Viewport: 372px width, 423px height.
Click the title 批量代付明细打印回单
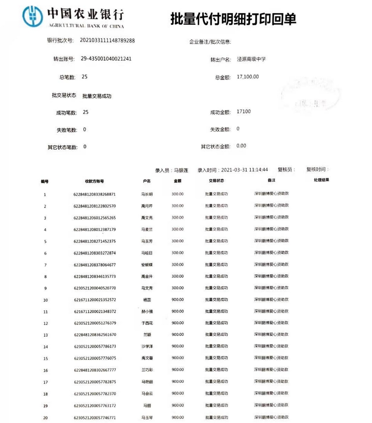click(233, 19)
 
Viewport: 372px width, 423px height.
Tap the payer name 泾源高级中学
click(251, 59)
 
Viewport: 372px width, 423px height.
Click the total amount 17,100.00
click(248, 77)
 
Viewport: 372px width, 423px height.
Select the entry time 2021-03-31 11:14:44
click(245, 170)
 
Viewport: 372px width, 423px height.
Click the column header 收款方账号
click(94, 181)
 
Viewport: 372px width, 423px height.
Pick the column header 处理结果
click(321, 180)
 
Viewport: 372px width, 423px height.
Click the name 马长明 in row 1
click(147, 194)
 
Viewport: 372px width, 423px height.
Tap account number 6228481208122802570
click(94, 206)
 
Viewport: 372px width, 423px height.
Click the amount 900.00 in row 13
click(178, 335)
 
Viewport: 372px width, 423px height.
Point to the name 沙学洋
click(147, 346)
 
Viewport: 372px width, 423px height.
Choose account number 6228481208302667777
click(94, 370)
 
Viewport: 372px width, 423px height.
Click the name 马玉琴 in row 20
click(147, 418)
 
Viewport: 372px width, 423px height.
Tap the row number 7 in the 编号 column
click(45, 265)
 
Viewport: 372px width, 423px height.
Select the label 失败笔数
click(67, 130)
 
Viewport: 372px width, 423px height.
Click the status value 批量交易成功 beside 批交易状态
click(97, 96)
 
